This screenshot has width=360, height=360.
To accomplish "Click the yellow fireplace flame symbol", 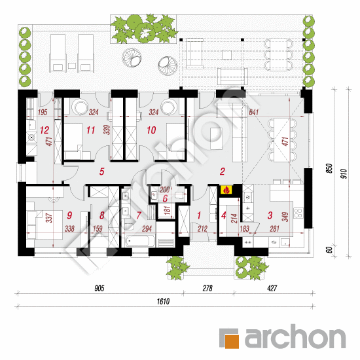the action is (226, 190).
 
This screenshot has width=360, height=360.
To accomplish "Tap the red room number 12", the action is (45, 130).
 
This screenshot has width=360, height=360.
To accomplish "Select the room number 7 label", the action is (139, 215).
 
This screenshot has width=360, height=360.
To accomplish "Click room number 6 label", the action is (165, 199).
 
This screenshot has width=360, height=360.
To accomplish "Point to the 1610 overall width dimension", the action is (163, 301).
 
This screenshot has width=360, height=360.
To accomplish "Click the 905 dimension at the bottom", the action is (99, 288).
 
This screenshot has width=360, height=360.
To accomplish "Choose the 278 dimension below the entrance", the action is (207, 288).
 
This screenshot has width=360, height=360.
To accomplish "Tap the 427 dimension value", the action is (272, 288).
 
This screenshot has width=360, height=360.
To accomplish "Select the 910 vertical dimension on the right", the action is (344, 174).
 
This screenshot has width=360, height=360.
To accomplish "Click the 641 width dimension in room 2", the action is (254, 113).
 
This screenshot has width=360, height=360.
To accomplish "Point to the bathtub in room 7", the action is (137, 241).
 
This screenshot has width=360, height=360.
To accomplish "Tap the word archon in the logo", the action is (295, 336).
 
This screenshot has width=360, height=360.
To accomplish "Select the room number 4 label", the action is (224, 215).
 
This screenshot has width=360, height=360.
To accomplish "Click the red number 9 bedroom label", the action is (69, 215).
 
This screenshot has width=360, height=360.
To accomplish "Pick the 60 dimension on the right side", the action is (329, 250).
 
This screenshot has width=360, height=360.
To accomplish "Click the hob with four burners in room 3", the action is (298, 212).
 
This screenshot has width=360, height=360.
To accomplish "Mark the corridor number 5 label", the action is (101, 171).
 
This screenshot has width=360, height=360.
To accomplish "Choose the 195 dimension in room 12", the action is (43, 113).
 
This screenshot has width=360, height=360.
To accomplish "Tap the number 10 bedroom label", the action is (151, 130).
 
